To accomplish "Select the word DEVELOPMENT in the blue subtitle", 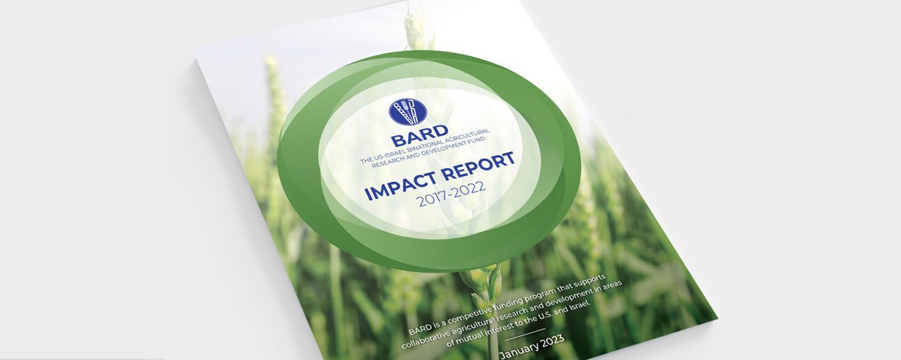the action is tap(448, 150).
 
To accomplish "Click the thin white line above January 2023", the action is tap(525, 335).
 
